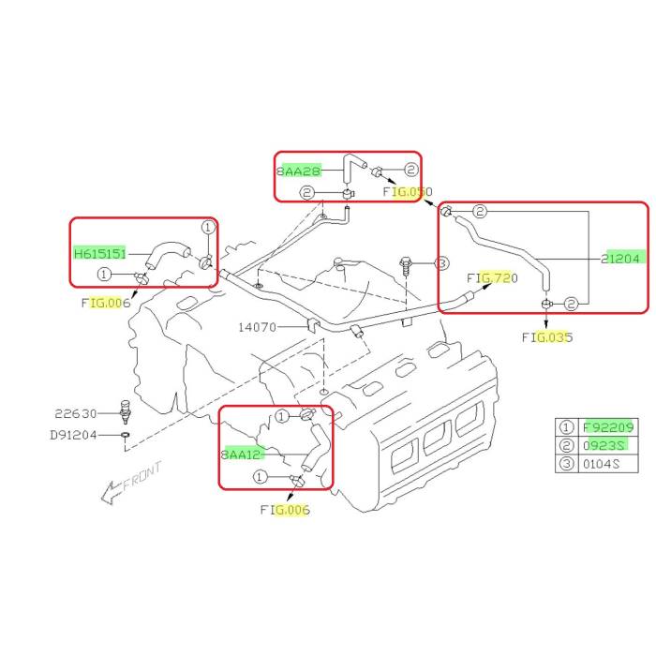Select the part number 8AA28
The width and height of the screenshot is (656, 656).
point(299,171)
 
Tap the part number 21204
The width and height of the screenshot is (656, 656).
point(622,258)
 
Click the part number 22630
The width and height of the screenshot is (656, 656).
point(75,412)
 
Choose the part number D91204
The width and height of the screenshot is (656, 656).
point(73,435)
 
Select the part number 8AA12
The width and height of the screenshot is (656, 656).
point(243,454)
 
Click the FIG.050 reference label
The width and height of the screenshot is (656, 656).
point(409,192)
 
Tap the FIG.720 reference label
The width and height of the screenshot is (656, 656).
point(492,278)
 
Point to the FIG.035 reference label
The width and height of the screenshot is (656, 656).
point(547,337)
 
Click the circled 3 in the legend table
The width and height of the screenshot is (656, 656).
point(566,463)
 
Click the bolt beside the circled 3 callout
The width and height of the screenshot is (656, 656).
point(406,267)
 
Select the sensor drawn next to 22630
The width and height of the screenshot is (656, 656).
point(125,412)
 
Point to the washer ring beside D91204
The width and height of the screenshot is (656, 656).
point(126,435)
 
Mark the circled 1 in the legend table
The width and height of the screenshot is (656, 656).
point(566,425)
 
